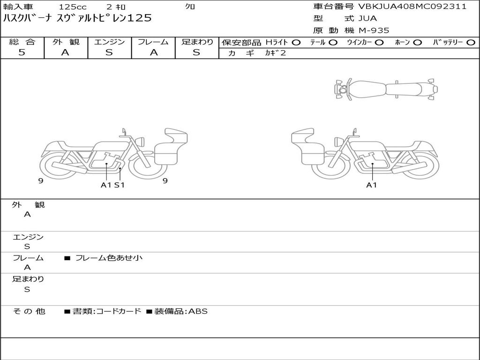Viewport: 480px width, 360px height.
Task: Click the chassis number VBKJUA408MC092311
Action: click(412, 7)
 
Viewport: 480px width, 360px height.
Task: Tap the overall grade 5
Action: click(22, 52)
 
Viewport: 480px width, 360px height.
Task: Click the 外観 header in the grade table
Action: click(66, 42)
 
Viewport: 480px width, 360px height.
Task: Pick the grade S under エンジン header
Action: click(109, 52)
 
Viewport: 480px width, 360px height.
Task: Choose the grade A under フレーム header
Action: click(154, 52)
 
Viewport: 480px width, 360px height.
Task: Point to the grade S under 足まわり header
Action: click(196, 52)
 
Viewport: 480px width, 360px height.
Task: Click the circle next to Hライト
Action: click(296, 43)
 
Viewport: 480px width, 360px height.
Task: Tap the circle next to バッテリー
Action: click(471, 43)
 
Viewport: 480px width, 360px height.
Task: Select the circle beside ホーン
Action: click(417, 43)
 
